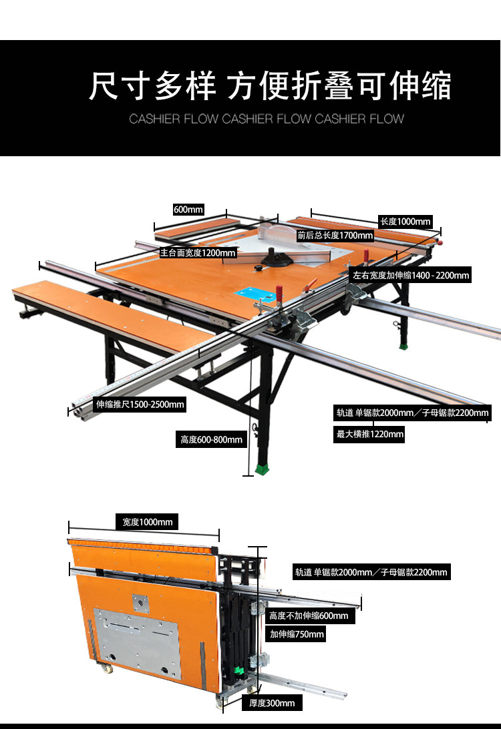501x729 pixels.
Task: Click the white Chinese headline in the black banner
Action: (x=270, y=86)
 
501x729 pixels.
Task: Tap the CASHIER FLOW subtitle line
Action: (x=267, y=119)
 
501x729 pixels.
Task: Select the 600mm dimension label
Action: (x=188, y=210)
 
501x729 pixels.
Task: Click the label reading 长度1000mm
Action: (x=405, y=222)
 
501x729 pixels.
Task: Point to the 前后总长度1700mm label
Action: (x=335, y=236)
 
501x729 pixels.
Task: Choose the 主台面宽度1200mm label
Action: (x=198, y=253)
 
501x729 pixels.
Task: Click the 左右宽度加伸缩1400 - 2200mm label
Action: (x=410, y=275)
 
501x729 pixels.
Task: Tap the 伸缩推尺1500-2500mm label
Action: (x=140, y=405)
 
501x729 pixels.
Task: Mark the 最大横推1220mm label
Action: (x=370, y=435)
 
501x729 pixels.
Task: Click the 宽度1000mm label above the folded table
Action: (x=144, y=522)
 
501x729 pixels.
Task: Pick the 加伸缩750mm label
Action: (x=297, y=634)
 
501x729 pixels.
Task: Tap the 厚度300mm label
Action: (x=272, y=703)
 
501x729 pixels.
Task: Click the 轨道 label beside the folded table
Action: (x=371, y=572)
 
